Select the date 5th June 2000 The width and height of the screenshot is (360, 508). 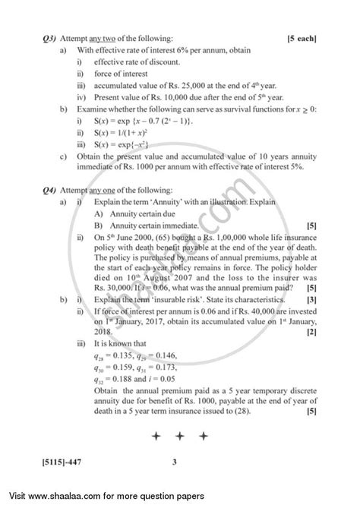pyautogui.click(x=129, y=238)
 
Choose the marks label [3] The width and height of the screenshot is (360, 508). pyautogui.click(x=311, y=300)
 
